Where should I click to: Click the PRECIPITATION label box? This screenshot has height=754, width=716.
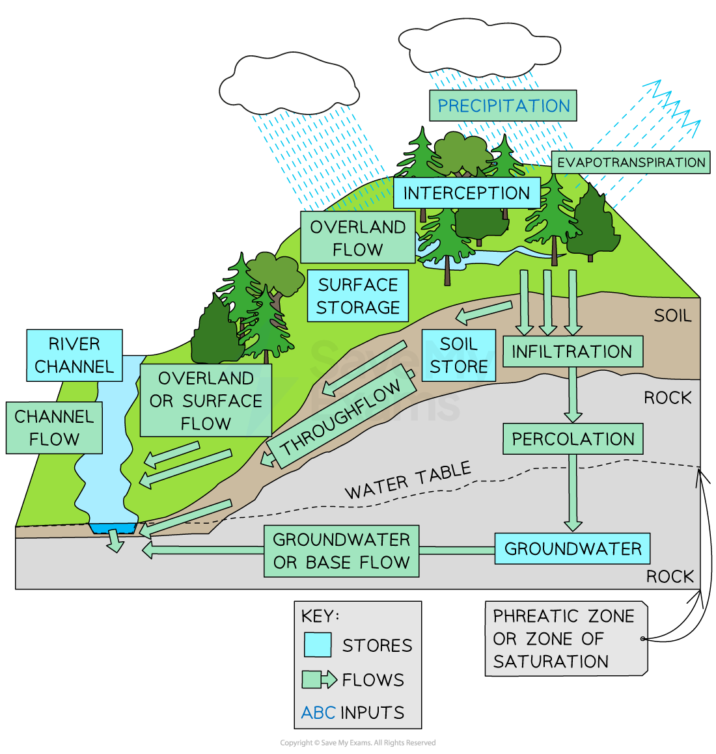503,105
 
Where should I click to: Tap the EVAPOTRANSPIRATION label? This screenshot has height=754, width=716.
631,163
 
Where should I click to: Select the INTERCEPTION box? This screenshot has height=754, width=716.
466,193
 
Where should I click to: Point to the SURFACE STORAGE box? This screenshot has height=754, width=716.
357,296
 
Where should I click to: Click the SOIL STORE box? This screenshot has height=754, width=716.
458,355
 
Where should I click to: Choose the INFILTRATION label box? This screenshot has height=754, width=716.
572,351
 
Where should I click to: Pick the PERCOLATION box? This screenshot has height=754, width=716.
573,439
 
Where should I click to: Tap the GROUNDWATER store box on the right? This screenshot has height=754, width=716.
572,548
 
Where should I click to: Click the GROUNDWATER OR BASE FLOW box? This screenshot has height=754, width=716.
341,551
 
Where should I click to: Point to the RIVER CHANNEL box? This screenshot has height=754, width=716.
74,355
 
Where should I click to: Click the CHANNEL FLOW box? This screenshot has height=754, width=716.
54,428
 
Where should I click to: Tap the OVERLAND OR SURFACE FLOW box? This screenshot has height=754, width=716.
206,401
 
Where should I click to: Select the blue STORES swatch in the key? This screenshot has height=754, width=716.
318,645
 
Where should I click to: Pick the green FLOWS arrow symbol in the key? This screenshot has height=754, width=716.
319,680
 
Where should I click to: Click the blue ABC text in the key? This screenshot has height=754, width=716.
318,713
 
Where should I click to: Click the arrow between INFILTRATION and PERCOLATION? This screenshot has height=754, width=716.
573,395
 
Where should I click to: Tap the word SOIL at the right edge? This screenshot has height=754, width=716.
672,316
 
